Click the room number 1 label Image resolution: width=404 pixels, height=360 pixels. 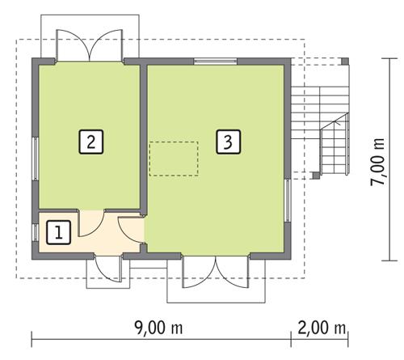pos(58,232)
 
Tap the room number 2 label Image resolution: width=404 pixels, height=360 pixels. pos(91,142)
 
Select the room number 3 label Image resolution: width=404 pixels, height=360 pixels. pos(229,142)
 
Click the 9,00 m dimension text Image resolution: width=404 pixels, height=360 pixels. pos(158,328)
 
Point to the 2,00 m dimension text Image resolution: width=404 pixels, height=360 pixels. pos(322,328)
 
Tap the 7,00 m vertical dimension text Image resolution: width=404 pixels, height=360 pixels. pos(377,162)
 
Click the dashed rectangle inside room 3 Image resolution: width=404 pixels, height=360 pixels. pos(174,159)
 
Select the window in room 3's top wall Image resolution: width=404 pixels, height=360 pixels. pos(215,61)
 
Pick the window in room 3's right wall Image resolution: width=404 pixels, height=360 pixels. pos(288,201)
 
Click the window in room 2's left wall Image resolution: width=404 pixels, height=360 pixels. pos(36,159)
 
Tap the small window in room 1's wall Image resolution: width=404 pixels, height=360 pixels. pos(36,232)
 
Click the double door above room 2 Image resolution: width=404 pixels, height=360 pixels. pos(89,45)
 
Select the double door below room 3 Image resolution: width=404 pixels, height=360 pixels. pos(215,272)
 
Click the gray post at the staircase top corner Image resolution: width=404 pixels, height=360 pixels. pos(345,61)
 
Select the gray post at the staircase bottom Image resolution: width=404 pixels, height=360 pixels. pos(316,176)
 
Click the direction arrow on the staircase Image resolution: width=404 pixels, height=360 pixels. pos(335,123)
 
